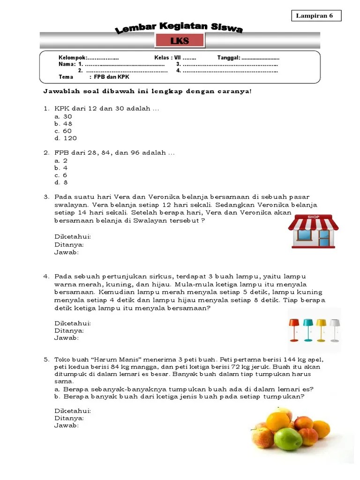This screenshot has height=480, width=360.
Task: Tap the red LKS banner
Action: click(x=180, y=41)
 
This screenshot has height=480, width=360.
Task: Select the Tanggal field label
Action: click(x=228, y=57)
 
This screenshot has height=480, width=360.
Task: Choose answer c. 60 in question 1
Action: click(x=63, y=131)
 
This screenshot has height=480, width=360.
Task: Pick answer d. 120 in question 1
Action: click(x=66, y=138)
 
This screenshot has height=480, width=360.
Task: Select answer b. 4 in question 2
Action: click(x=61, y=167)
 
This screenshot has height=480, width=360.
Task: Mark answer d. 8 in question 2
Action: click(x=61, y=182)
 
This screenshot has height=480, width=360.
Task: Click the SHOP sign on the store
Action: click(x=313, y=217)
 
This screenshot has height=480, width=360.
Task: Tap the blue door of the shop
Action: click(x=323, y=237)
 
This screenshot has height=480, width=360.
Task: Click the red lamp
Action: click(x=294, y=329)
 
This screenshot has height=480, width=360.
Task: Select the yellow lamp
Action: click(x=321, y=329)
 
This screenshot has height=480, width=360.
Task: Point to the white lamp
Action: click(x=334, y=329)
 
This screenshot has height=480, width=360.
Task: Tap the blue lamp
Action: click(x=307, y=329)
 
